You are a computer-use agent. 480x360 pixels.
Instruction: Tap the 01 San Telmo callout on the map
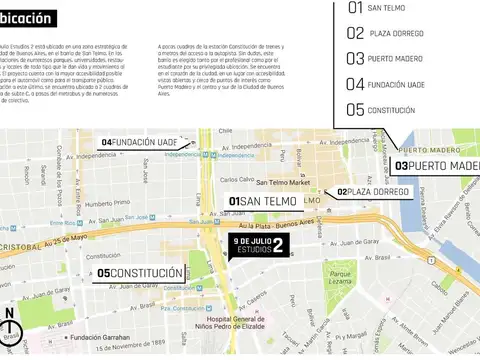coord(263,202)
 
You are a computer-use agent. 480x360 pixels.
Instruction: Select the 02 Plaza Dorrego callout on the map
coord(373,191)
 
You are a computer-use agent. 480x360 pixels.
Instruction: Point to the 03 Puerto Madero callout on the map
coord(437,165)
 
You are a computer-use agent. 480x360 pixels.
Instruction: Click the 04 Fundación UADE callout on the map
coord(140,143)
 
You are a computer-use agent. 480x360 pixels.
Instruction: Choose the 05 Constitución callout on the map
coord(140,273)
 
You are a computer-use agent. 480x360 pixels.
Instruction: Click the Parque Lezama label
coord(343,278)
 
